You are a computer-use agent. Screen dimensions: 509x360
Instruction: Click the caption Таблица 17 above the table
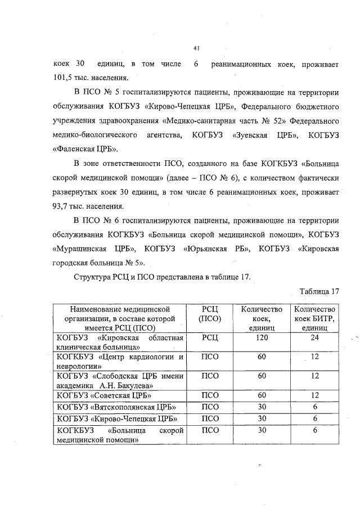point(321,291)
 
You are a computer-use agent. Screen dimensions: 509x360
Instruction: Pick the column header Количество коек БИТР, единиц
point(315,318)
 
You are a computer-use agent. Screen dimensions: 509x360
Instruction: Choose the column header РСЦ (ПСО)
point(209,313)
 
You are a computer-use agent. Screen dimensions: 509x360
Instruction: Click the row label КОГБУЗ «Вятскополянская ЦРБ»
point(112,407)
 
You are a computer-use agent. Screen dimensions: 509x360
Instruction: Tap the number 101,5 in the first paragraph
point(65,78)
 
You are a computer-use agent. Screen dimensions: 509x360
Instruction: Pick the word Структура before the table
point(94,277)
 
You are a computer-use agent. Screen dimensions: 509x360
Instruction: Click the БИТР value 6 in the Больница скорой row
point(315,430)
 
